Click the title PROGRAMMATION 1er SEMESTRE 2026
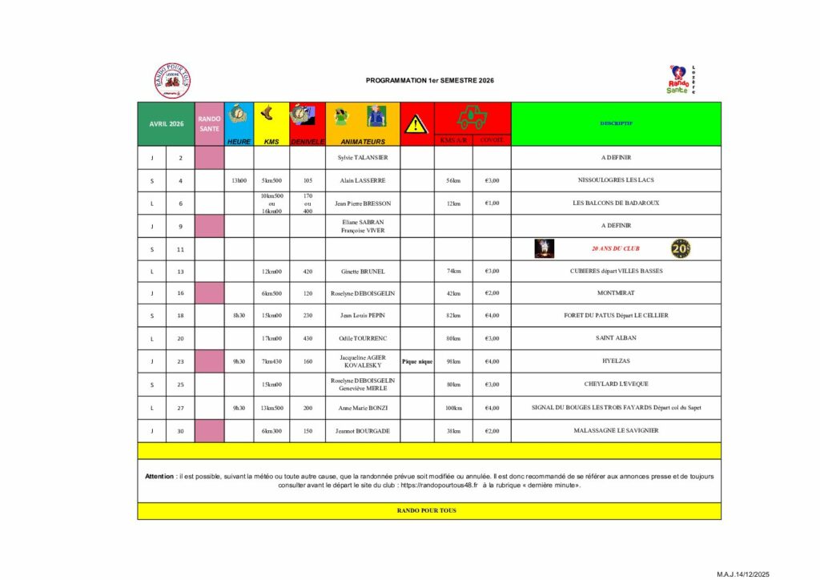[x=429, y=81]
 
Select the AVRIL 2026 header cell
[x=166, y=123]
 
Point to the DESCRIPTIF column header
[x=616, y=123]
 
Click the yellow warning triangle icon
[x=416, y=123]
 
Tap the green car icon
[x=472, y=118]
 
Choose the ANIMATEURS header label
[x=363, y=141]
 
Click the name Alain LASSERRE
[x=363, y=180]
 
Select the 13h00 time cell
[x=239, y=180]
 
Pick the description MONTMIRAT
[x=616, y=293]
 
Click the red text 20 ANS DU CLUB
[x=616, y=248]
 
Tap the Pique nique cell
[x=417, y=361]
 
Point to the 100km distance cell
[x=453, y=408]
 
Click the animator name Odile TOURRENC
[x=363, y=338]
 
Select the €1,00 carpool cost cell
[x=492, y=203]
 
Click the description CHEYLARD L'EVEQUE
[x=616, y=384]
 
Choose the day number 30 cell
[x=180, y=430]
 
